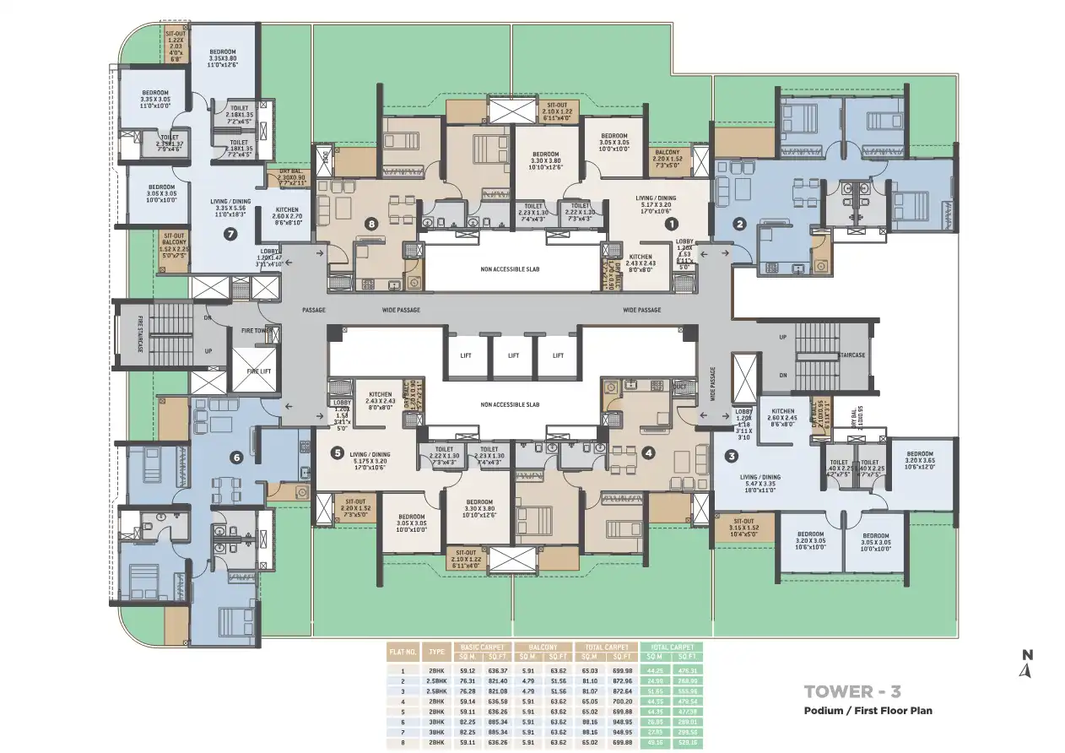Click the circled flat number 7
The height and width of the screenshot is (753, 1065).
(x=230, y=235)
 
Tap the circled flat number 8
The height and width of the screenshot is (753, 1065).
(x=370, y=225)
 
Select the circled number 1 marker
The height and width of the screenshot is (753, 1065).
(x=672, y=225)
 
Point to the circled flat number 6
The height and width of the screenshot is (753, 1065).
(x=236, y=458)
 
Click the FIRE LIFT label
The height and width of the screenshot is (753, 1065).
(x=257, y=371)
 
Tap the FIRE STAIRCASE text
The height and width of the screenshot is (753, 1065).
(x=140, y=334)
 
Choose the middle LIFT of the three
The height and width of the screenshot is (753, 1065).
(x=513, y=355)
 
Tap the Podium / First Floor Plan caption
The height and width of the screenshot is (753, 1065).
(x=868, y=711)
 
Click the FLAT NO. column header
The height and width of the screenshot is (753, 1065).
(x=403, y=652)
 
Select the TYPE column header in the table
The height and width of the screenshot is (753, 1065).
(x=437, y=652)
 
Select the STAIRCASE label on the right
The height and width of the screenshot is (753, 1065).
(x=852, y=355)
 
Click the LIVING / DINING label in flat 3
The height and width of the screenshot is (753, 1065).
(x=760, y=477)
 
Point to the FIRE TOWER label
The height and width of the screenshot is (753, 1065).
(x=257, y=330)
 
